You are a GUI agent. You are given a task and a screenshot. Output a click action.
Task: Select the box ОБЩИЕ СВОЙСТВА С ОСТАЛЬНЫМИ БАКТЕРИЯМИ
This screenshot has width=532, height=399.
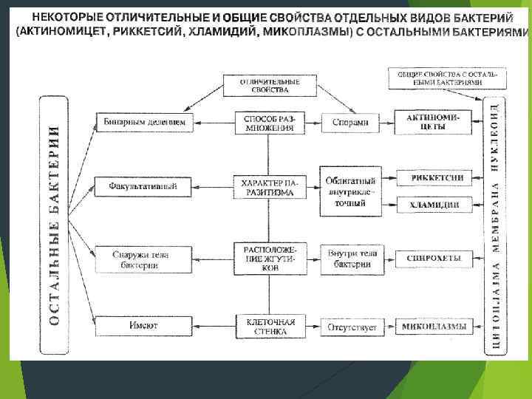click(447, 78)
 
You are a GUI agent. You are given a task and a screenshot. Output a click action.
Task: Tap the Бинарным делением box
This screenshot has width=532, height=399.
click(144, 123)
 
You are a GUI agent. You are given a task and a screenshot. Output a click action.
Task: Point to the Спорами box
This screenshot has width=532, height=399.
click(350, 123)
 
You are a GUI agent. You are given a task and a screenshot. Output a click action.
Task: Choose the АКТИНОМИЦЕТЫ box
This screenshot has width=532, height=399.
click(434, 123)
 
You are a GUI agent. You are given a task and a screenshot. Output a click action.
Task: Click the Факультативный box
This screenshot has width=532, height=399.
click(143, 186)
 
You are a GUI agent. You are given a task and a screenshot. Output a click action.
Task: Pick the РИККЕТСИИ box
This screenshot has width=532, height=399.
click(434, 178)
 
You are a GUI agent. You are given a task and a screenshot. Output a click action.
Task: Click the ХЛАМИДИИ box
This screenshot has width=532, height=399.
click(434, 205)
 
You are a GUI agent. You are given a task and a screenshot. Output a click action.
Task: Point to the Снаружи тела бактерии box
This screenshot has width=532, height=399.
click(141, 260)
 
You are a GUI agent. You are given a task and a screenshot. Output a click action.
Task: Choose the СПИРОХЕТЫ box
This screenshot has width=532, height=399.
click(434, 259)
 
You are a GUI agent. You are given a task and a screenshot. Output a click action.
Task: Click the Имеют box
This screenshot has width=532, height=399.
click(143, 326)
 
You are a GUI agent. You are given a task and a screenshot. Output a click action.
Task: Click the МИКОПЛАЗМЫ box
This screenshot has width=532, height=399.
click(434, 326)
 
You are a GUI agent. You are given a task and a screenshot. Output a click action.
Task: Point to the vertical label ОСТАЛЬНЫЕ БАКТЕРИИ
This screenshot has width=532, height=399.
click(54, 225)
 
